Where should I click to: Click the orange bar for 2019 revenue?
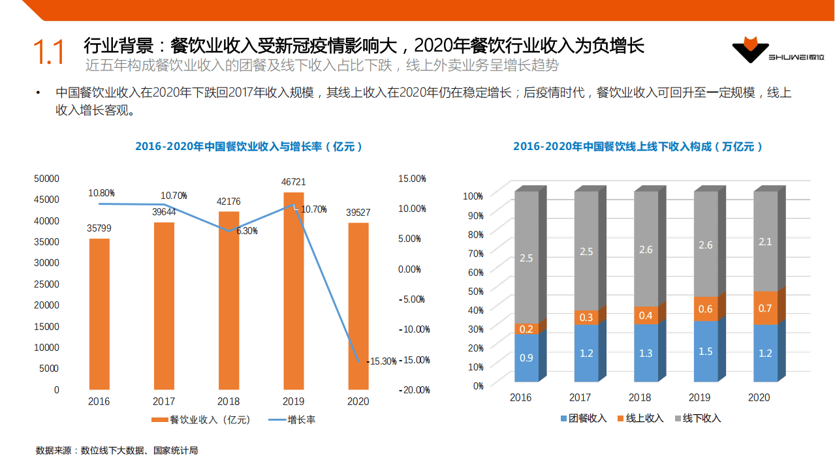[293, 294]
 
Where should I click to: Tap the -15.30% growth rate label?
[383, 361]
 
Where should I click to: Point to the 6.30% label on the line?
[246, 231]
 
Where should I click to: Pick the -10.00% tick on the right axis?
[413, 329]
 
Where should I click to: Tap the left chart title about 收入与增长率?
[249, 147]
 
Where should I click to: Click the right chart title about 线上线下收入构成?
[638, 147]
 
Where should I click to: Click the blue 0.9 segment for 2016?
[526, 357]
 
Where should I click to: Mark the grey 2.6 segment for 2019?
[706, 245]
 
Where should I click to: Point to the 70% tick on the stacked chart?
[473, 253]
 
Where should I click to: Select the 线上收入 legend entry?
[640, 418]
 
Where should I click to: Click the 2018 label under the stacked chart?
[640, 397]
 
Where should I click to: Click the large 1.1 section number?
[49, 53]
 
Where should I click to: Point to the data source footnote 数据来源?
[117, 450]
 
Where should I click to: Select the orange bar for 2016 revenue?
[99, 313]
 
